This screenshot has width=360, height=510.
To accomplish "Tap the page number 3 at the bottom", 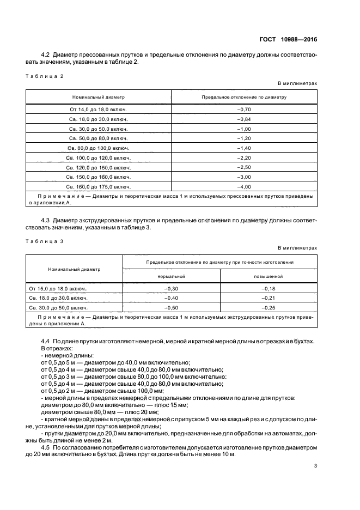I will pyautogui.click(x=315, y=466).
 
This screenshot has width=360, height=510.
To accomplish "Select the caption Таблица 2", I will pyautogui.click(x=45, y=76).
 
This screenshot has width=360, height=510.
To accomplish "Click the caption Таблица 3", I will pyautogui.click(x=45, y=241).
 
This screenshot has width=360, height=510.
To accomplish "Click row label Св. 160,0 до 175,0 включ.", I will pyautogui.click(x=99, y=187).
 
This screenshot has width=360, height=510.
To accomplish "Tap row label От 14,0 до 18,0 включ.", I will pyautogui.click(x=99, y=110).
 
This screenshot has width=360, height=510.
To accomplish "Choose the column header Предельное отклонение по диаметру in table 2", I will pyautogui.click(x=244, y=97).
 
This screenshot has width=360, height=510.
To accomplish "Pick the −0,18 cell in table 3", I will pyautogui.click(x=269, y=288).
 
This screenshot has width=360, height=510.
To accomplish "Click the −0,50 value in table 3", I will pyautogui.click(x=172, y=308).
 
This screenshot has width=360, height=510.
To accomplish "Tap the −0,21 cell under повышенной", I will pyautogui.click(x=269, y=298).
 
